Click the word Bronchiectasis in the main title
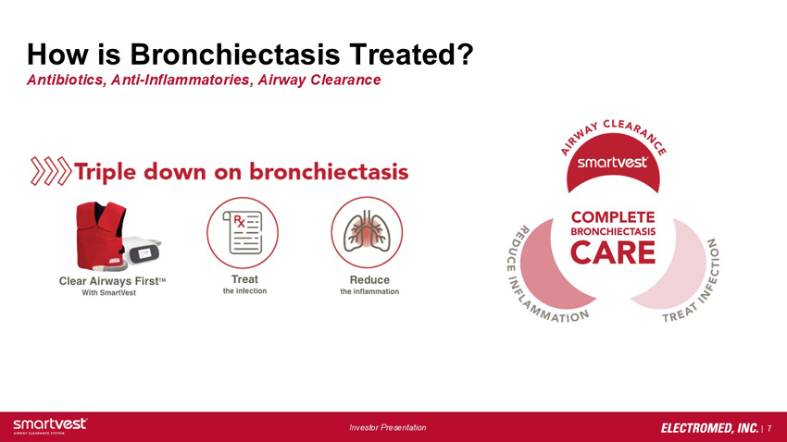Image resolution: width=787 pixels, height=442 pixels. pos(235,54)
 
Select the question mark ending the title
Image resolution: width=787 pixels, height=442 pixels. pos(465,54)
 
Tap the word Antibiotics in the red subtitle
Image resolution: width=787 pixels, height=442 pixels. pos(65,80)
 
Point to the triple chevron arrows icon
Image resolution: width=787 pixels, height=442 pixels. pos(51,171)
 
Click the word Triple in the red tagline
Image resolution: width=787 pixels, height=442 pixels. pos(105,172)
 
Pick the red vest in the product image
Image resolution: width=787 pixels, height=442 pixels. pos(100,236)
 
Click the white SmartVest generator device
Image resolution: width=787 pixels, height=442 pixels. pos(143,250)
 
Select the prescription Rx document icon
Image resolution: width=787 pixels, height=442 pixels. pos(243,232)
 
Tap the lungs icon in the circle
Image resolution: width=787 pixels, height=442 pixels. pos(367,232)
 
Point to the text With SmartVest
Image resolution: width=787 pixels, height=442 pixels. pos(109,292)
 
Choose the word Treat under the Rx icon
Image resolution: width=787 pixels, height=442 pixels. pos(244,279)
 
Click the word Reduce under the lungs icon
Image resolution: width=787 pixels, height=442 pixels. pos(369,279)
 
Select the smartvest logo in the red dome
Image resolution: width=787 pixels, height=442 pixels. pos(612,163)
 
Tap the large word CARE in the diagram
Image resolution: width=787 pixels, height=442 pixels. pos(613,252)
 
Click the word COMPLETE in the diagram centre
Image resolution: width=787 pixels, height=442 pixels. pos(613,217)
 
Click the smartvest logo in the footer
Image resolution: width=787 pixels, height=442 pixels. pos(50,425)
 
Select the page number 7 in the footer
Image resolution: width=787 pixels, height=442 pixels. pos(769,428)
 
